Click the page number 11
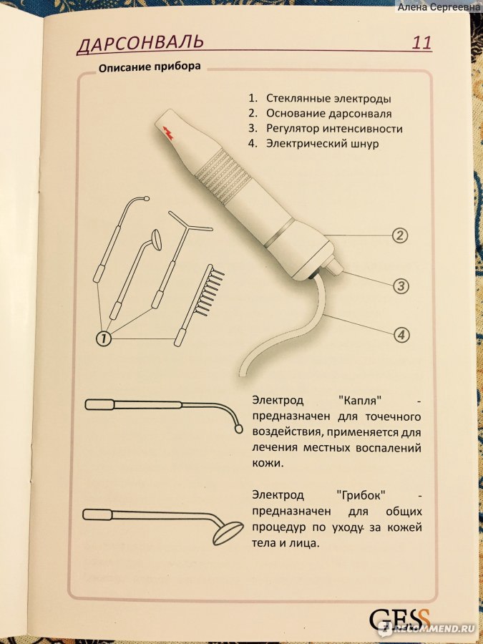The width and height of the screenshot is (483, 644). pos(421,43)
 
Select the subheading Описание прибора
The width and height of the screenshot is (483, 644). pos(150,67)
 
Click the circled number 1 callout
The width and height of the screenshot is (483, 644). pos(104,338)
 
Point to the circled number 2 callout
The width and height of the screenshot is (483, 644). pos(399,235)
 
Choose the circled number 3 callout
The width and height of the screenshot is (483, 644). pos(401,286)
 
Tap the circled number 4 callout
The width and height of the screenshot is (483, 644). pos(401,335)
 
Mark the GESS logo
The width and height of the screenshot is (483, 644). pos(399,619)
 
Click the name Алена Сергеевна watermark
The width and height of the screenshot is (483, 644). pos(438,6)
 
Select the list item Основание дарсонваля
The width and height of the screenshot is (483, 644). pos(329,113)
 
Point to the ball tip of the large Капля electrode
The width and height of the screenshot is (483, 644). pos(238,429)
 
